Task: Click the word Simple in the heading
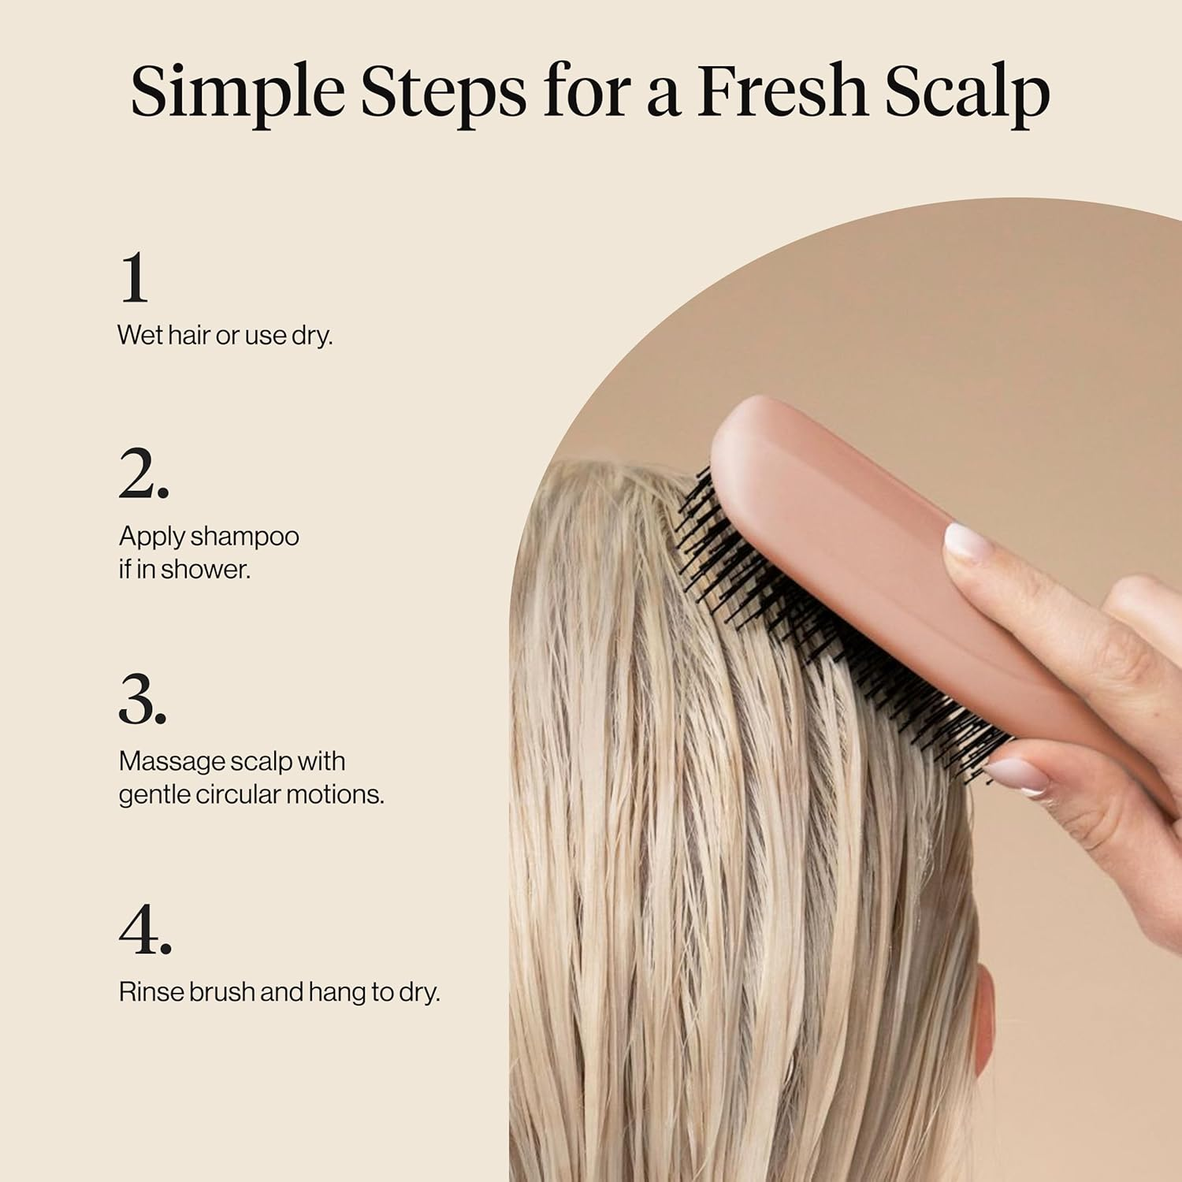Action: [237, 93]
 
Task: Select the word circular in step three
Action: [237, 794]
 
